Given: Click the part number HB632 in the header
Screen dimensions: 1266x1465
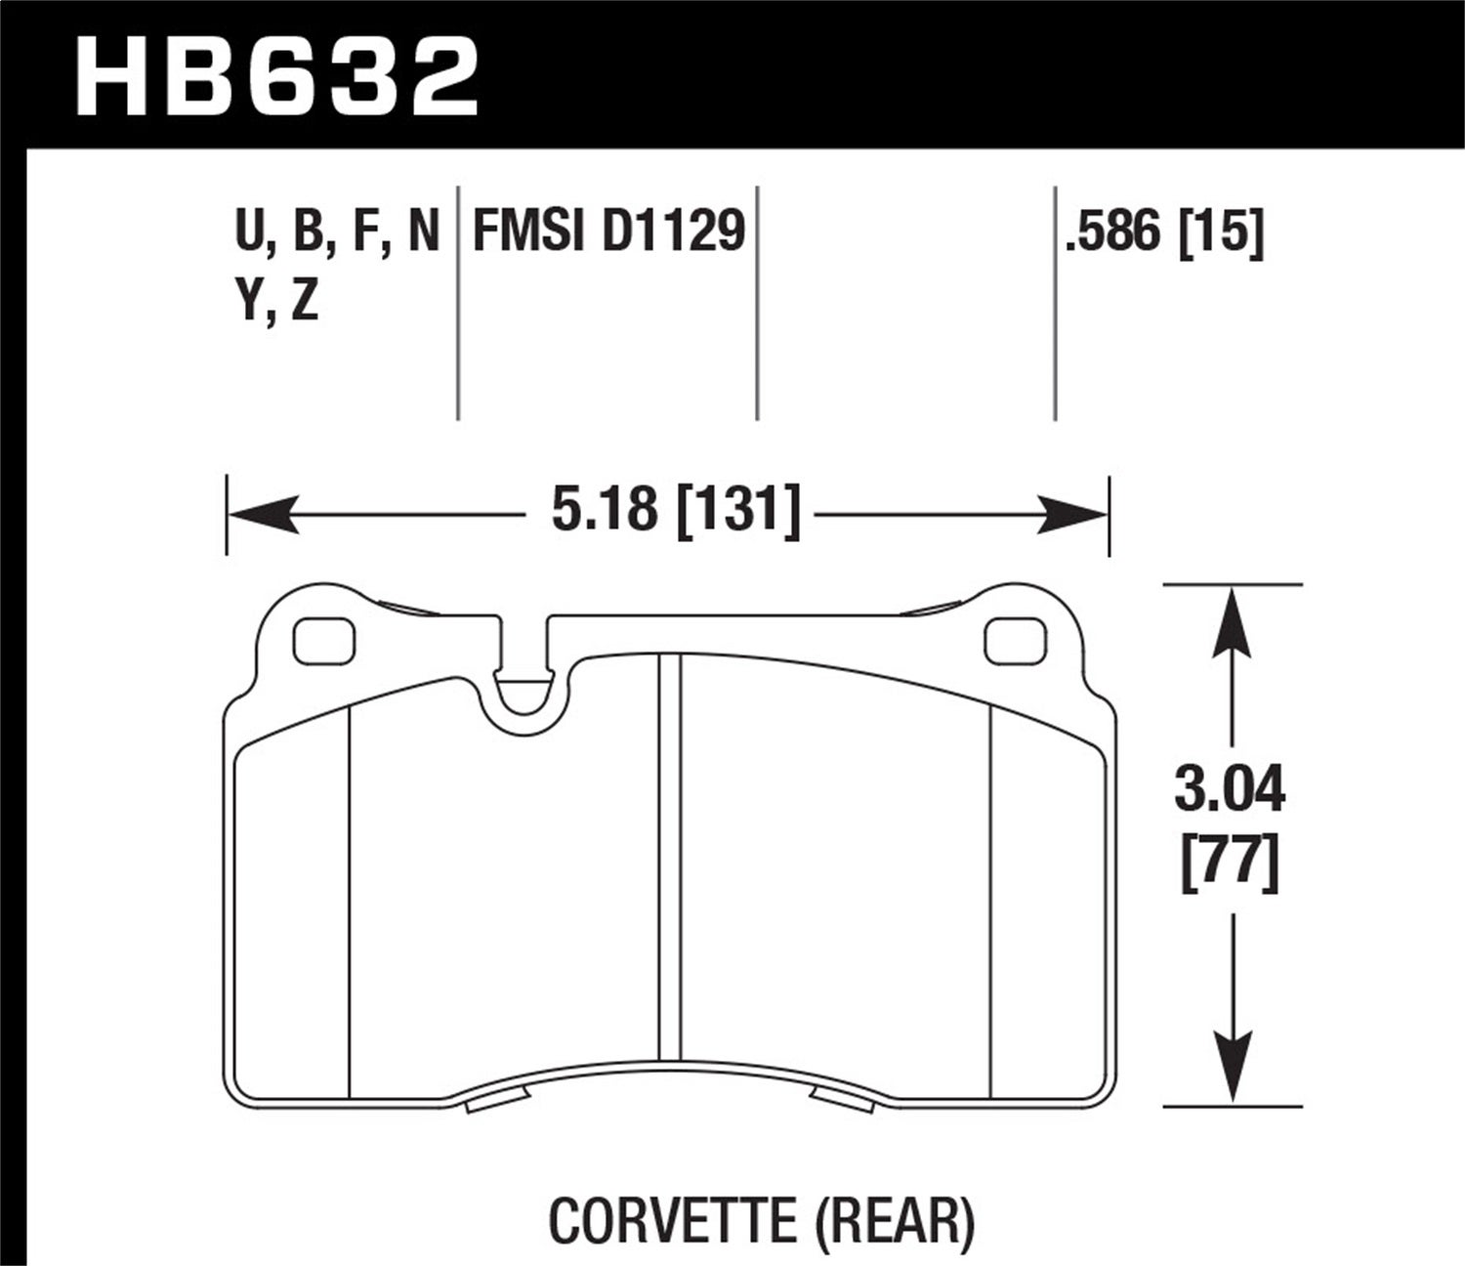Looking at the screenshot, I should [x=277, y=76].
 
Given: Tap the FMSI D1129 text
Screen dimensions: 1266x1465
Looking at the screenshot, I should [x=608, y=232].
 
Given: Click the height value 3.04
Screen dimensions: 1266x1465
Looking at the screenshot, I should [x=1230, y=791].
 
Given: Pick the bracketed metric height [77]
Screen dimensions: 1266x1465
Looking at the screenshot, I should [x=1230, y=865].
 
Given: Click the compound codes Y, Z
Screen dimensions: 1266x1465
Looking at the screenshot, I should [x=277, y=302].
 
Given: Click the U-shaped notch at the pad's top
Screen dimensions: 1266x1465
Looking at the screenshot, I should [x=523, y=689].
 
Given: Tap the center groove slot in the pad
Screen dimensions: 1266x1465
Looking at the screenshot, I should [x=669, y=860].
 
